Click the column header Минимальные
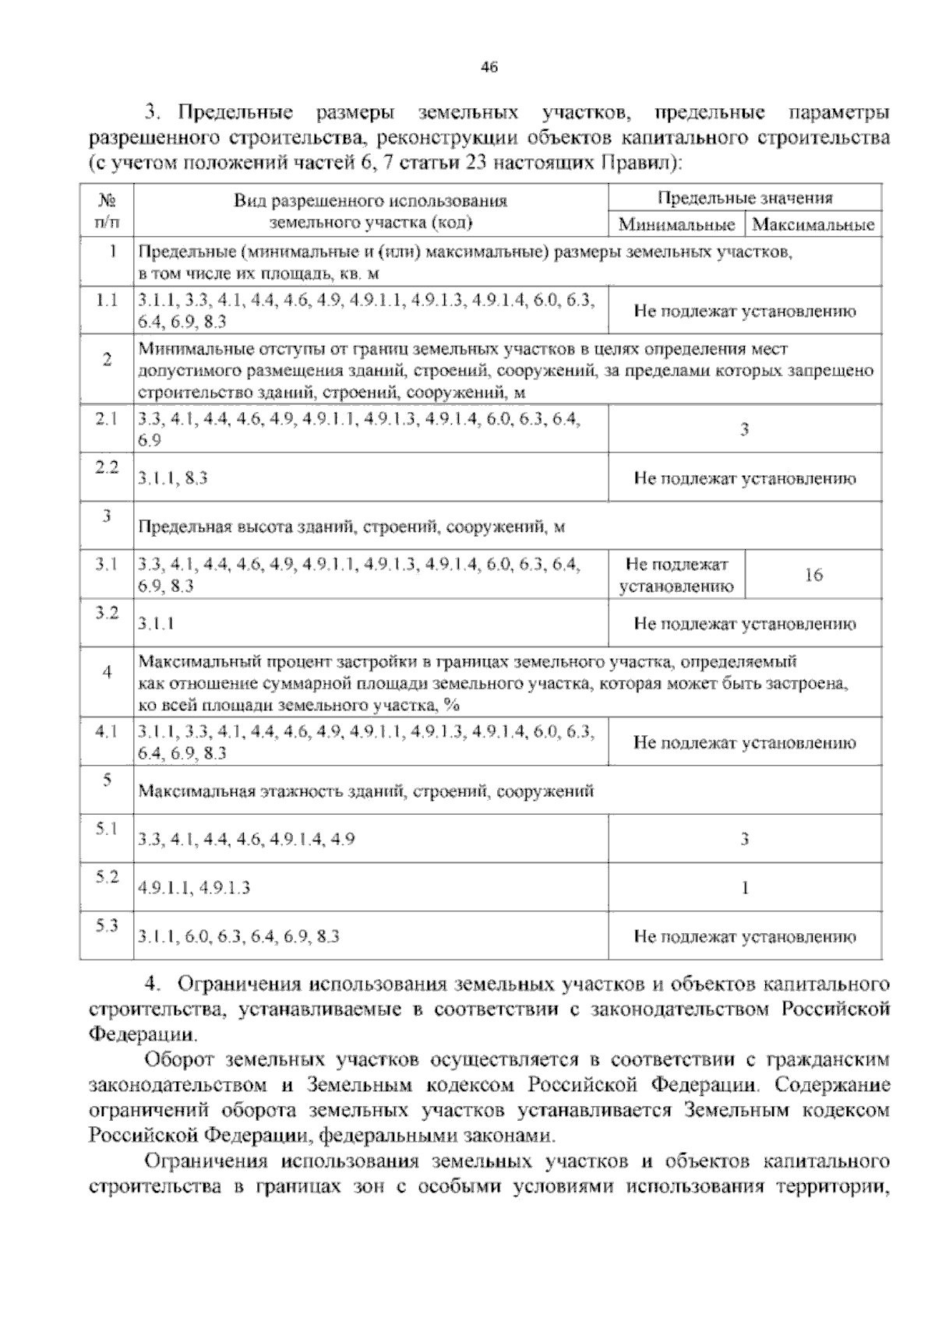676,226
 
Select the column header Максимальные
813,226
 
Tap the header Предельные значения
744,198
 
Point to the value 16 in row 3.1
813,576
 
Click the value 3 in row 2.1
744,429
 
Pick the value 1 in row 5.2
745,888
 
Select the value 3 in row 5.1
744,839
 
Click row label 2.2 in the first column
106,467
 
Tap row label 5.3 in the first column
106,925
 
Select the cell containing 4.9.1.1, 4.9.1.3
194,888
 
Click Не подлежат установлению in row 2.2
744,479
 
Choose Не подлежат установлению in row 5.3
744,937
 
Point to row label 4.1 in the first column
106,731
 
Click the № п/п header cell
107,211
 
